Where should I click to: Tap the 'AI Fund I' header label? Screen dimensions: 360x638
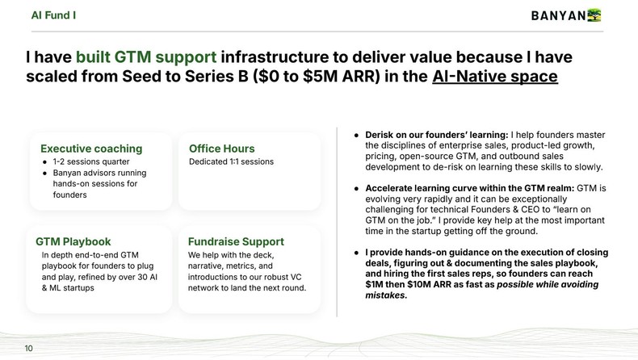pyautogui.click(x=54, y=15)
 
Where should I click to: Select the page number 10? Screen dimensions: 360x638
pyautogui.click(x=29, y=348)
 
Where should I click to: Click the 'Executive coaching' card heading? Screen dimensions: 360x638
pyautogui.click(x=91, y=149)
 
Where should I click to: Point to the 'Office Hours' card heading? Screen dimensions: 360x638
pyautogui.click(x=221, y=149)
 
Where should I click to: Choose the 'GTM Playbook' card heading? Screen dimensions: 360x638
pyautogui.click(x=73, y=241)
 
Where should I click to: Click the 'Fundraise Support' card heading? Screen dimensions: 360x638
pyautogui.click(x=236, y=241)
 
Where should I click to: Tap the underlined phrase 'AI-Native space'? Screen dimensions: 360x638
pyautogui.click(x=494, y=77)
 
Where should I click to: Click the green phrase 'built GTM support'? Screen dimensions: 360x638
pyautogui.click(x=145, y=57)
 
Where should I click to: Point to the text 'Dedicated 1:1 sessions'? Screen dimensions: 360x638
pyautogui.click(x=231, y=161)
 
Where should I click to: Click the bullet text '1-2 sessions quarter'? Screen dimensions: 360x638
pyautogui.click(x=91, y=161)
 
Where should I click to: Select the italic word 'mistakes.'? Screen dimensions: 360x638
pyautogui.click(x=386, y=295)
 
